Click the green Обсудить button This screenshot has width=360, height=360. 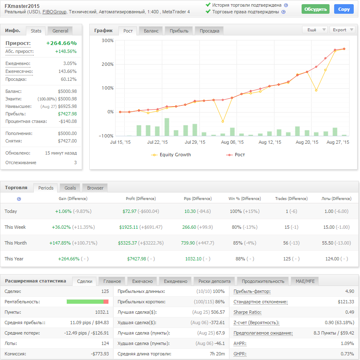315,9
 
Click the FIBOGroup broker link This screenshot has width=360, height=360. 54,12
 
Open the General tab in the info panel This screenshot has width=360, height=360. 60,30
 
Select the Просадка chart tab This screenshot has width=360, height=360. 209,30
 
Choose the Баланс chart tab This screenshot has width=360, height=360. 151,30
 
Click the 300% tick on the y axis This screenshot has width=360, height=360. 108,40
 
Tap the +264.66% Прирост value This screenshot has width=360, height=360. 61,43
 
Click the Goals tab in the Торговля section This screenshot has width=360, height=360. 70,187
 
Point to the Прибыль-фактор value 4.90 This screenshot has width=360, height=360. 350,291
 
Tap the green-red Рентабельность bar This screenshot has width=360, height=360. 87,301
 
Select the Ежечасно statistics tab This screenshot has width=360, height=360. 142,281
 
